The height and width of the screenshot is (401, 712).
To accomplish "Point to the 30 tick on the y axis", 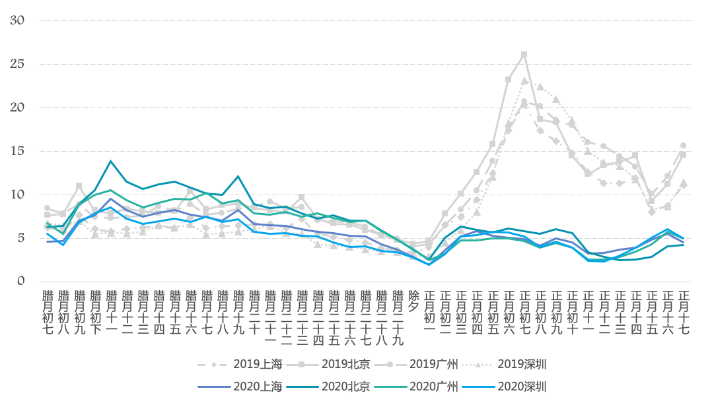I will [x=18, y=20].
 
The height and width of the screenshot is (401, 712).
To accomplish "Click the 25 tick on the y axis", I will [x=18, y=64].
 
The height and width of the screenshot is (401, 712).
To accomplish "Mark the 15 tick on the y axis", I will [x=18, y=151].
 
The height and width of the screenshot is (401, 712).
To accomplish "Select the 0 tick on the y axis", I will [x=20, y=282].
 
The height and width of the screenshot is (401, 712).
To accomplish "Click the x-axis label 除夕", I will [x=413, y=301].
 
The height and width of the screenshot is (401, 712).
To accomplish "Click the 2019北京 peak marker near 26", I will [x=524, y=55].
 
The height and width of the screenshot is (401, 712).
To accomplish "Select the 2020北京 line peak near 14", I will [x=111, y=161].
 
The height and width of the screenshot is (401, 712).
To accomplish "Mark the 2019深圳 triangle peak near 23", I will [x=524, y=81].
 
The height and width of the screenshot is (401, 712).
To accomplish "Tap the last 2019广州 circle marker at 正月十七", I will [x=684, y=146].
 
